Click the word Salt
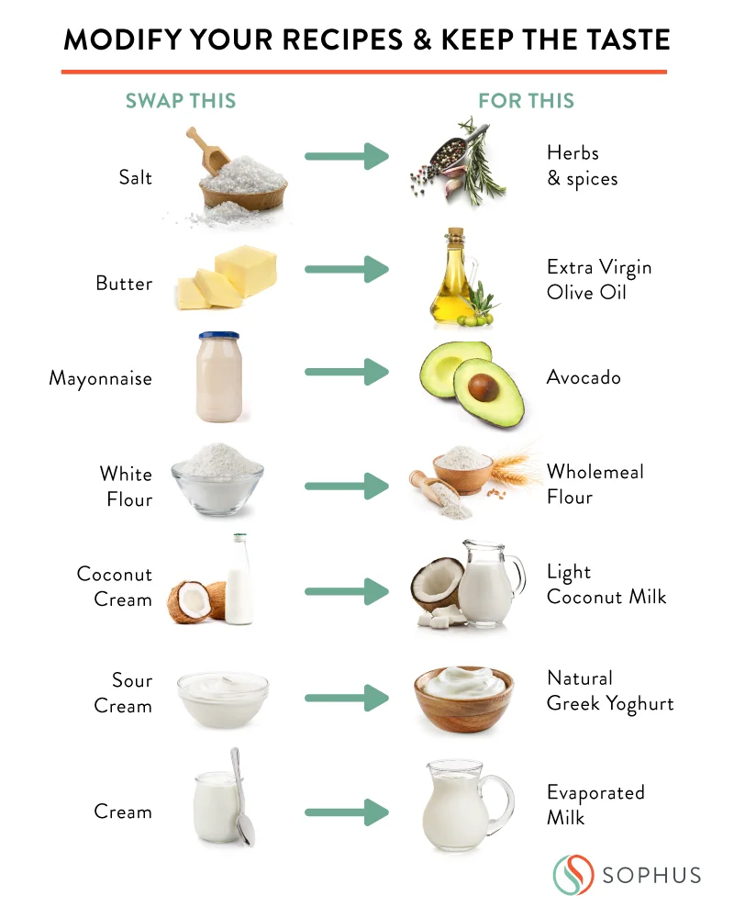[135, 177]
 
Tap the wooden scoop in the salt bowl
[208, 151]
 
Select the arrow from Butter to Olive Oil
[346, 270]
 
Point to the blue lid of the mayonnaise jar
[218, 337]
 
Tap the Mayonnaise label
[101, 378]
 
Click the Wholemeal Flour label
[595, 485]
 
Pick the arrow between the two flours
[346, 487]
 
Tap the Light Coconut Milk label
[606, 585]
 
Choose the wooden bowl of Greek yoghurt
[462, 703]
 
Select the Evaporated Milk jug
[459, 809]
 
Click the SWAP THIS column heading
[181, 101]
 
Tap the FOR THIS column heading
[527, 101]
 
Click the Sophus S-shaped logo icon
[572, 874]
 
